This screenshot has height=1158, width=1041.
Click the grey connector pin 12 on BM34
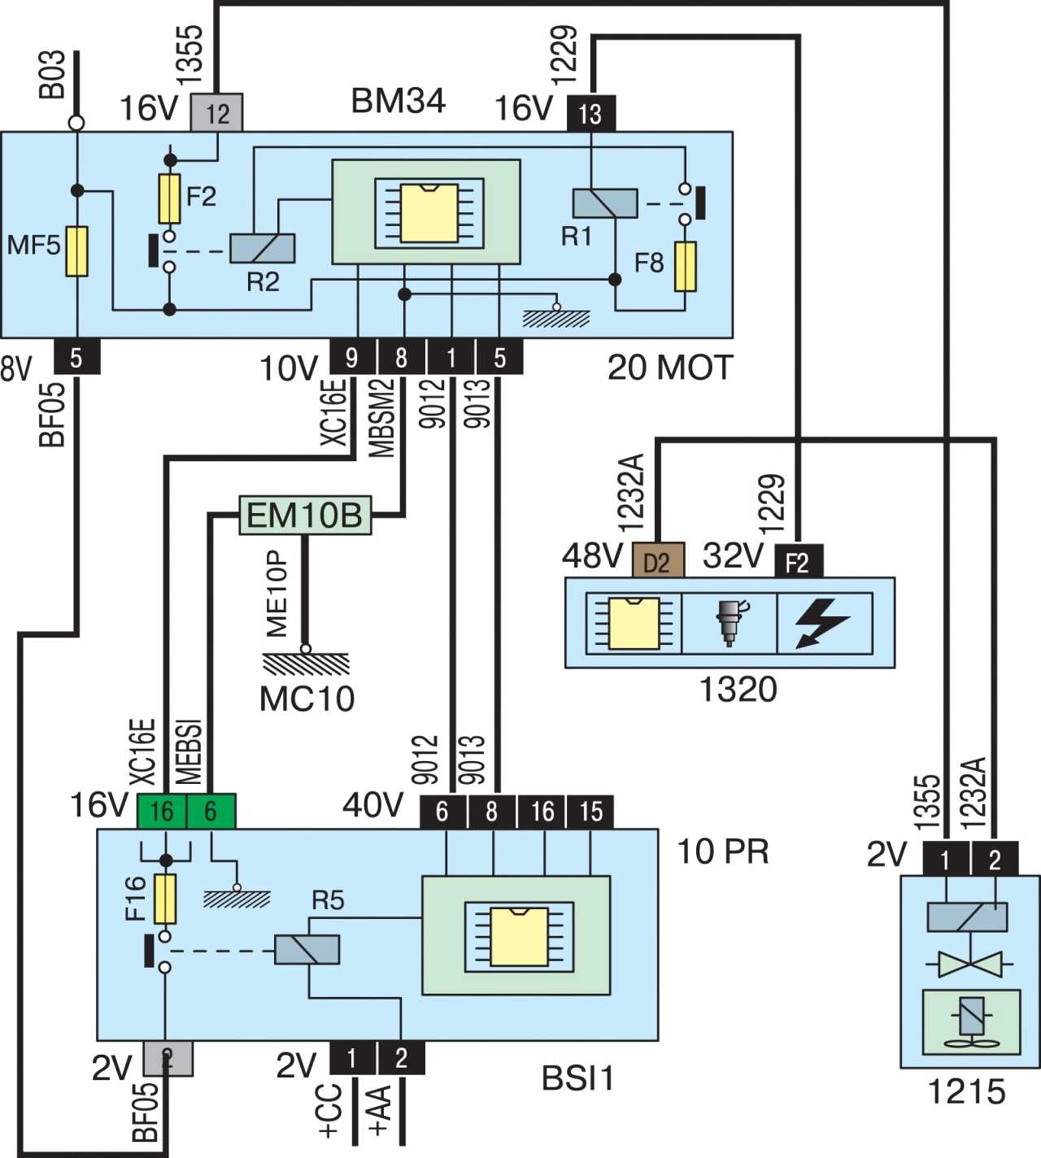(x=216, y=112)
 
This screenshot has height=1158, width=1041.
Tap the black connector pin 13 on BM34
(x=590, y=113)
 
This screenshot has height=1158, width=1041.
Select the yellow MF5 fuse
(x=76, y=251)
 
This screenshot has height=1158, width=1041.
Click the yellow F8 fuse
(x=686, y=266)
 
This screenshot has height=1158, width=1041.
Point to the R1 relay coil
(x=605, y=203)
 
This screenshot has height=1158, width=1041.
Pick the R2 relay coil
(x=262, y=248)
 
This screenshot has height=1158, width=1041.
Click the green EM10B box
(x=305, y=515)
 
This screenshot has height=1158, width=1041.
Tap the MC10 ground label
(x=307, y=699)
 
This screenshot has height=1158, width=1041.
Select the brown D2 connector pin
(x=658, y=560)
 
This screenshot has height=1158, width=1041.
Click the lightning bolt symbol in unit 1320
(x=821, y=624)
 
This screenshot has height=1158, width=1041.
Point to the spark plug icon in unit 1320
(x=730, y=624)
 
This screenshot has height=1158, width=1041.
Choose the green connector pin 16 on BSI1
(x=162, y=812)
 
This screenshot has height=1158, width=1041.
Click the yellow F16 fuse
(x=165, y=899)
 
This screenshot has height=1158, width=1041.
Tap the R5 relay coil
(x=307, y=950)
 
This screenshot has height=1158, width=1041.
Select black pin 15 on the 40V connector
(x=590, y=812)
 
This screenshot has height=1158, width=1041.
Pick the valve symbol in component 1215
(x=969, y=964)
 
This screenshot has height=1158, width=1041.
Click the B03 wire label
(x=52, y=75)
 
